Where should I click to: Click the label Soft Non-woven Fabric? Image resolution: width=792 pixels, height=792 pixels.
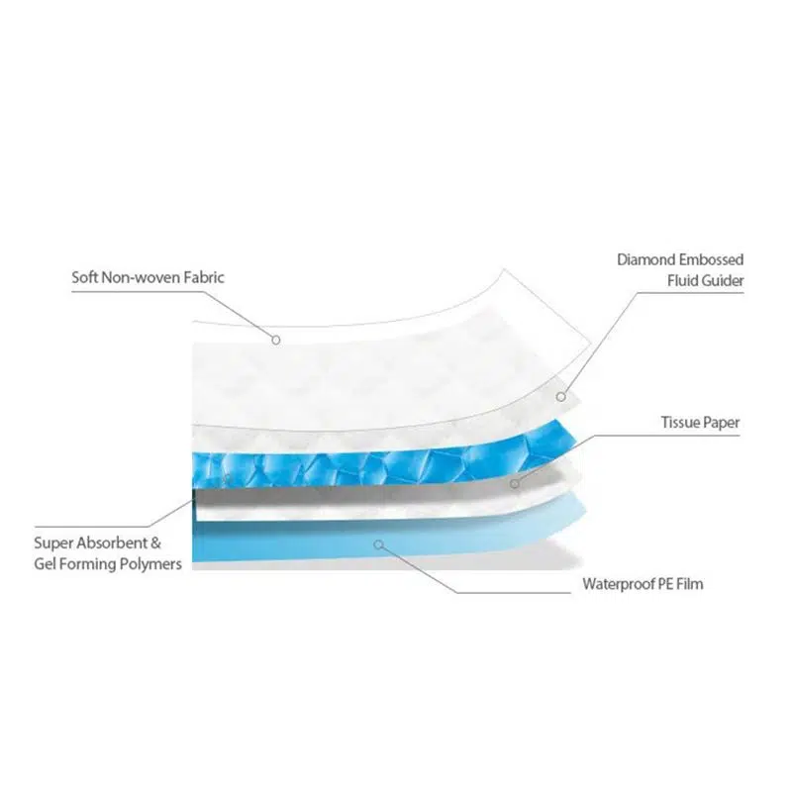coord(148,277)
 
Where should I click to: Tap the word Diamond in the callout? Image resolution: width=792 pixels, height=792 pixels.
coord(646,259)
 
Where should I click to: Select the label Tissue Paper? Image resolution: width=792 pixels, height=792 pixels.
coord(700,423)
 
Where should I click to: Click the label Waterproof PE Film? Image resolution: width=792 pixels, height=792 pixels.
coord(643,584)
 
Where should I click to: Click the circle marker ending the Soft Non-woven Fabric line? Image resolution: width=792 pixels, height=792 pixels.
coord(277,340)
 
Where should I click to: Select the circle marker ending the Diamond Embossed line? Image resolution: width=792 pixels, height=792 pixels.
coord(560,396)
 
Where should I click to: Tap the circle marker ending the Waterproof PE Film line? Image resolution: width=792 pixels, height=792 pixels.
coord(376,544)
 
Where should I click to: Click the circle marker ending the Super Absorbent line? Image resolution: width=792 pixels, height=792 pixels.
coord(227,478)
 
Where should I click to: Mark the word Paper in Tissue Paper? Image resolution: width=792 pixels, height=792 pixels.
coord(722,423)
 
